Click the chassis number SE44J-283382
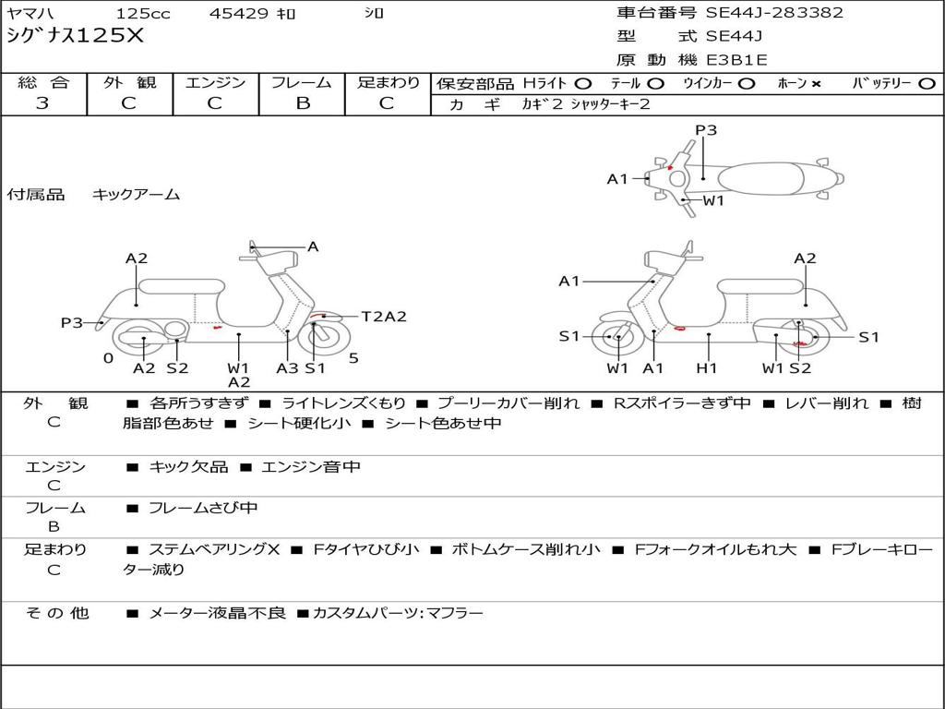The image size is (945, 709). tap(774, 13)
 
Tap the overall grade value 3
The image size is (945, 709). tap(42, 103)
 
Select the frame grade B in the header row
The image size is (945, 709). tap(303, 103)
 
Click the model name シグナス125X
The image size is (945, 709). tap(76, 36)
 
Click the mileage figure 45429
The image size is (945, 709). tap(238, 13)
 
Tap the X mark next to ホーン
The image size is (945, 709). tap(816, 84)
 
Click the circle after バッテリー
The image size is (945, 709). tap(927, 84)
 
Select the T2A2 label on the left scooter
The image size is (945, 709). tap(384, 317)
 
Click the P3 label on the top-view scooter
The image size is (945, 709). tap(706, 130)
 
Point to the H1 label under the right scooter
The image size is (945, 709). tap(706, 367)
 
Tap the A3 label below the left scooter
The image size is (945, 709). tap(287, 367)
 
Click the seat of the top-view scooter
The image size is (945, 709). tap(761, 179)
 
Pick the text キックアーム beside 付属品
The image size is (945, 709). tap(137, 194)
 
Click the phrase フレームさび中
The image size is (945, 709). tap(203, 508)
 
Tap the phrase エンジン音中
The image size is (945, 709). tap(311, 466)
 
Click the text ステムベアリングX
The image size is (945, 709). tap(214, 549)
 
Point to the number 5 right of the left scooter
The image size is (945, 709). tap(353, 358)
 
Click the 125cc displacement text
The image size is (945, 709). tap(143, 13)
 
